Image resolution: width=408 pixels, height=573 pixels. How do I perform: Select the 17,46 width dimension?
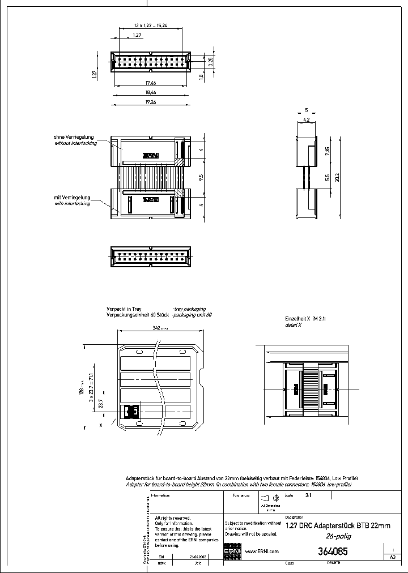click(x=150, y=83)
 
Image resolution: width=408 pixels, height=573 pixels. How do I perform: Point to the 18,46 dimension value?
click(x=150, y=92)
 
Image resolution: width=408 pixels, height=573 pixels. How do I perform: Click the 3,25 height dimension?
click(x=211, y=62)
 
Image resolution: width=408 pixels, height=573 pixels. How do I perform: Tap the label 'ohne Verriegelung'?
click(x=74, y=138)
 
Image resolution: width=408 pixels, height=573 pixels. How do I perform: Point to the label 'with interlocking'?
click(x=72, y=203)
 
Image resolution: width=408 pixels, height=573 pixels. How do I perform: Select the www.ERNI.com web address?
click(x=262, y=551)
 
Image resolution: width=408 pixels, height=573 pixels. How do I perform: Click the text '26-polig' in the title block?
click(x=338, y=536)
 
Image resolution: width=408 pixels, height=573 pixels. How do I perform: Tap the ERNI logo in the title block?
click(x=233, y=551)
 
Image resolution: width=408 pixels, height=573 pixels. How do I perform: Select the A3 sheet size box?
click(x=393, y=558)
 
